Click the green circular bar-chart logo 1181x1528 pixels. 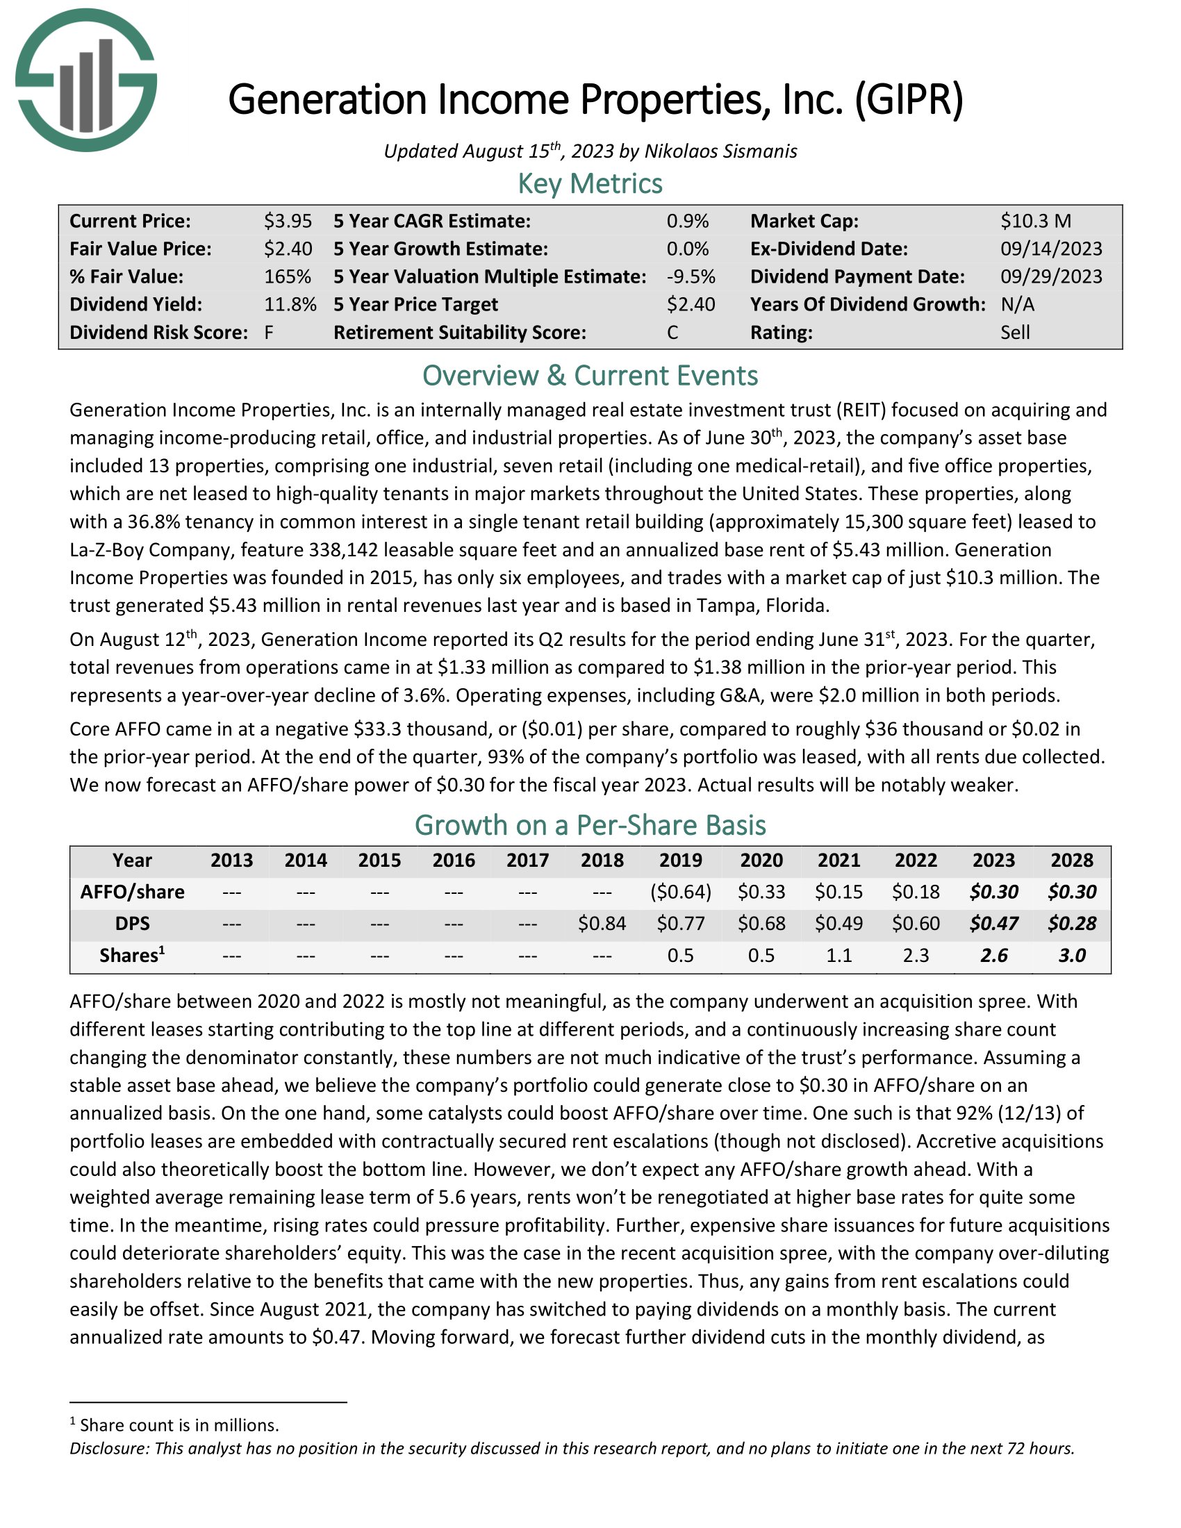tap(86, 81)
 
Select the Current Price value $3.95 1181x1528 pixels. tap(288, 221)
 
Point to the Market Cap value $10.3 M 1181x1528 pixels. tap(1036, 221)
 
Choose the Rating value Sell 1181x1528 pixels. tap(1014, 332)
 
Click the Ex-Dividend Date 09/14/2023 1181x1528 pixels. tap(1051, 249)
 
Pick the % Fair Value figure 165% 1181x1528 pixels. tap(287, 277)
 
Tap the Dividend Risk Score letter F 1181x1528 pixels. tap(269, 332)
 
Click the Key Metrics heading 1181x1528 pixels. tap(590, 183)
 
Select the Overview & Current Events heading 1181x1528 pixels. tap(590, 376)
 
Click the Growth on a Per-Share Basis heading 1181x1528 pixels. tap(590, 826)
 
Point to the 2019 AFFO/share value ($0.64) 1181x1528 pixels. tap(681, 892)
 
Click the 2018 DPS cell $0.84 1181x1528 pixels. tap(602, 924)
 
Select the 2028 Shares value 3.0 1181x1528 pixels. tap(1072, 956)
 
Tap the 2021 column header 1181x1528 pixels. tap(839, 861)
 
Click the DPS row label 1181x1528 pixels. tap(132, 924)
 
